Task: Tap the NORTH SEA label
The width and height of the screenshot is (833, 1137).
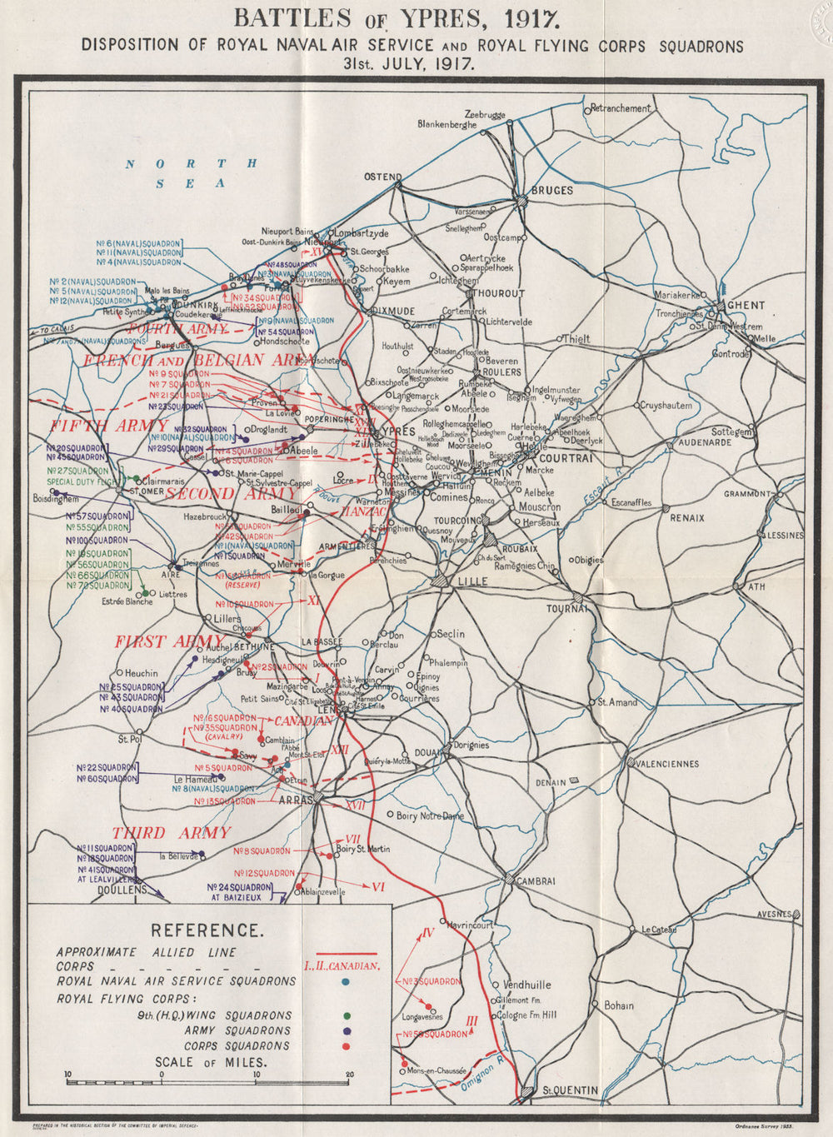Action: pos(191,173)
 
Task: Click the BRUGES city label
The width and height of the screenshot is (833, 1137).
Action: pos(552,191)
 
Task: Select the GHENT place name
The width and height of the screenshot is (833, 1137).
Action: pos(746,306)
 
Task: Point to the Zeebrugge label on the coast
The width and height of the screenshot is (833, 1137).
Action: pos(485,114)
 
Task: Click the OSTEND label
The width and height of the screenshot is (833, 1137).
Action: pos(382,177)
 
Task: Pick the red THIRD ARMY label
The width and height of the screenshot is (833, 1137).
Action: pos(171,833)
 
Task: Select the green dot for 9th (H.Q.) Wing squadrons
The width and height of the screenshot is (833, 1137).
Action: pos(346,1015)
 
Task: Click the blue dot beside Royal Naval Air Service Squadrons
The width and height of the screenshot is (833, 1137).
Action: pos(346,982)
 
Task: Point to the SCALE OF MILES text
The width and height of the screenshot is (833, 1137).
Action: pos(210,1062)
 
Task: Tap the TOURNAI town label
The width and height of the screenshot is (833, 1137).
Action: pos(566,609)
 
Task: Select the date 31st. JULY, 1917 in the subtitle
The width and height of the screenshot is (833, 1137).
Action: pos(413,63)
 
